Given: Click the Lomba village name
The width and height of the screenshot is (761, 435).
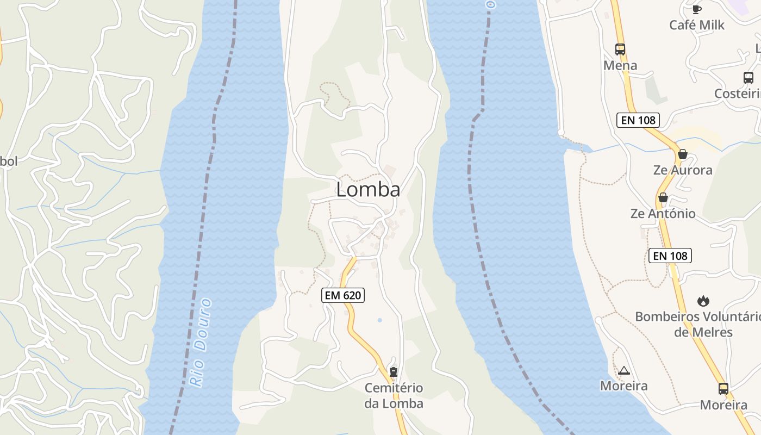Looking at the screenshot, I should coord(368,189).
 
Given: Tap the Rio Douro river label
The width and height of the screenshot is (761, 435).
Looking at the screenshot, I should coord(201,343).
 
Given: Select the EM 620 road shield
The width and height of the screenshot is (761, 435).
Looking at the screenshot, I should coord(343,295).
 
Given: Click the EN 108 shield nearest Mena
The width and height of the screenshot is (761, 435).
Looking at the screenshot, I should coord(638,120).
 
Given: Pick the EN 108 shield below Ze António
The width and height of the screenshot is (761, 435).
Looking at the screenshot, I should coord(670,256).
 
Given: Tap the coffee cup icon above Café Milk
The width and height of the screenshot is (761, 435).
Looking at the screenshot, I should coord(696,9).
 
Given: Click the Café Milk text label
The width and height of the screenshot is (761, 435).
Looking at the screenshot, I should coord(696,25).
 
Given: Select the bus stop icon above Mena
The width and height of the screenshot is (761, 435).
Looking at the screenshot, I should coord(620,49).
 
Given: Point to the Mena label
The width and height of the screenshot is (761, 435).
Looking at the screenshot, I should coord(620,66).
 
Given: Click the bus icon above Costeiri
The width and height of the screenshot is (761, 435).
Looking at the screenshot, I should coord(748,78).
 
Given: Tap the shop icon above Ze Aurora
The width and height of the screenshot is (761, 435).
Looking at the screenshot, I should coord(683,154).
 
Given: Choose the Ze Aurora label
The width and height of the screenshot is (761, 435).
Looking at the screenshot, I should coord(683,170).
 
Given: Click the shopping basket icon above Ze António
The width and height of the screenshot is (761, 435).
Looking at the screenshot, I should coord(663,197).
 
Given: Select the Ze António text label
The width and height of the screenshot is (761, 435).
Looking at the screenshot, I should coord(663,214).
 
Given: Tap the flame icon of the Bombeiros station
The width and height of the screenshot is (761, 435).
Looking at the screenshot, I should coord(703,301).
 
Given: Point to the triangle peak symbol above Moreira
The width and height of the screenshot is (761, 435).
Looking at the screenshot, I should coord(623,371).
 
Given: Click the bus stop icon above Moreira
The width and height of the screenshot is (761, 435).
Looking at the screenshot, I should coord(723,389).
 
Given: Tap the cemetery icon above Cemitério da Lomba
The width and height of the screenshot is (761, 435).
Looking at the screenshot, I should coord(394,372).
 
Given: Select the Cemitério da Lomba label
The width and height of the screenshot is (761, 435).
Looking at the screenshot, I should coord(394,396).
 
